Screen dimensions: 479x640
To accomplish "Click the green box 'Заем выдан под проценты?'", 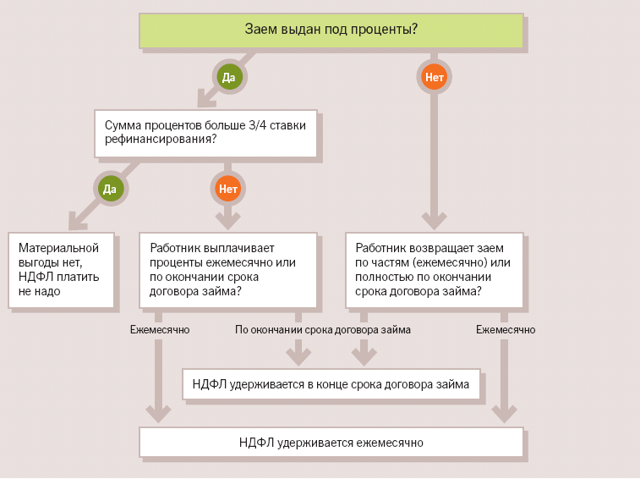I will pyautogui.click(x=331, y=30).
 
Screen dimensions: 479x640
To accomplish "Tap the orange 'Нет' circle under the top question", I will pyautogui.click(x=435, y=78).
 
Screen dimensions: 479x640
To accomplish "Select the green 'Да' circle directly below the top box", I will pyautogui.click(x=228, y=78).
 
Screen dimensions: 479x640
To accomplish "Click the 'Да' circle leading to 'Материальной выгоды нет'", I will pyautogui.click(x=110, y=188).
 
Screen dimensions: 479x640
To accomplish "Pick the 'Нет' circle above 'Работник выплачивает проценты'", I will pyautogui.click(x=228, y=188).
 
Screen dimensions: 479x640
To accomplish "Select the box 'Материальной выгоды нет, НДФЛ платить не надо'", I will pyautogui.click(x=61, y=270).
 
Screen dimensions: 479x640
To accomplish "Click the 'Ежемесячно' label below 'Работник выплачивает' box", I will pyautogui.click(x=160, y=330).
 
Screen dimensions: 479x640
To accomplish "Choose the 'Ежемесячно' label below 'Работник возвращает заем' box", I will pyautogui.click(x=506, y=330).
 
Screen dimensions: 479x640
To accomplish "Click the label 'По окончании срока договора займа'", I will pyautogui.click(x=323, y=330).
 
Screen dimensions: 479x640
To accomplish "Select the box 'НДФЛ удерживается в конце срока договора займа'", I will pyautogui.click(x=331, y=384).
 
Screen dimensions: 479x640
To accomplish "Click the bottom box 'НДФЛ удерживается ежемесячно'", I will pyautogui.click(x=331, y=442).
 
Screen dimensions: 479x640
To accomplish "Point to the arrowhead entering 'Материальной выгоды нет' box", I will pyautogui.click(x=77, y=223).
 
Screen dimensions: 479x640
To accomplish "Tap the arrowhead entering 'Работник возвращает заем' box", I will pyautogui.click(x=435, y=222).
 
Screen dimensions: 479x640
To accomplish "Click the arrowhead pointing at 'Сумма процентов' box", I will pyautogui.click(x=205, y=102).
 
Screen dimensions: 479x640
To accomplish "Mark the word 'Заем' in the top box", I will pyautogui.click(x=259, y=30).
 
